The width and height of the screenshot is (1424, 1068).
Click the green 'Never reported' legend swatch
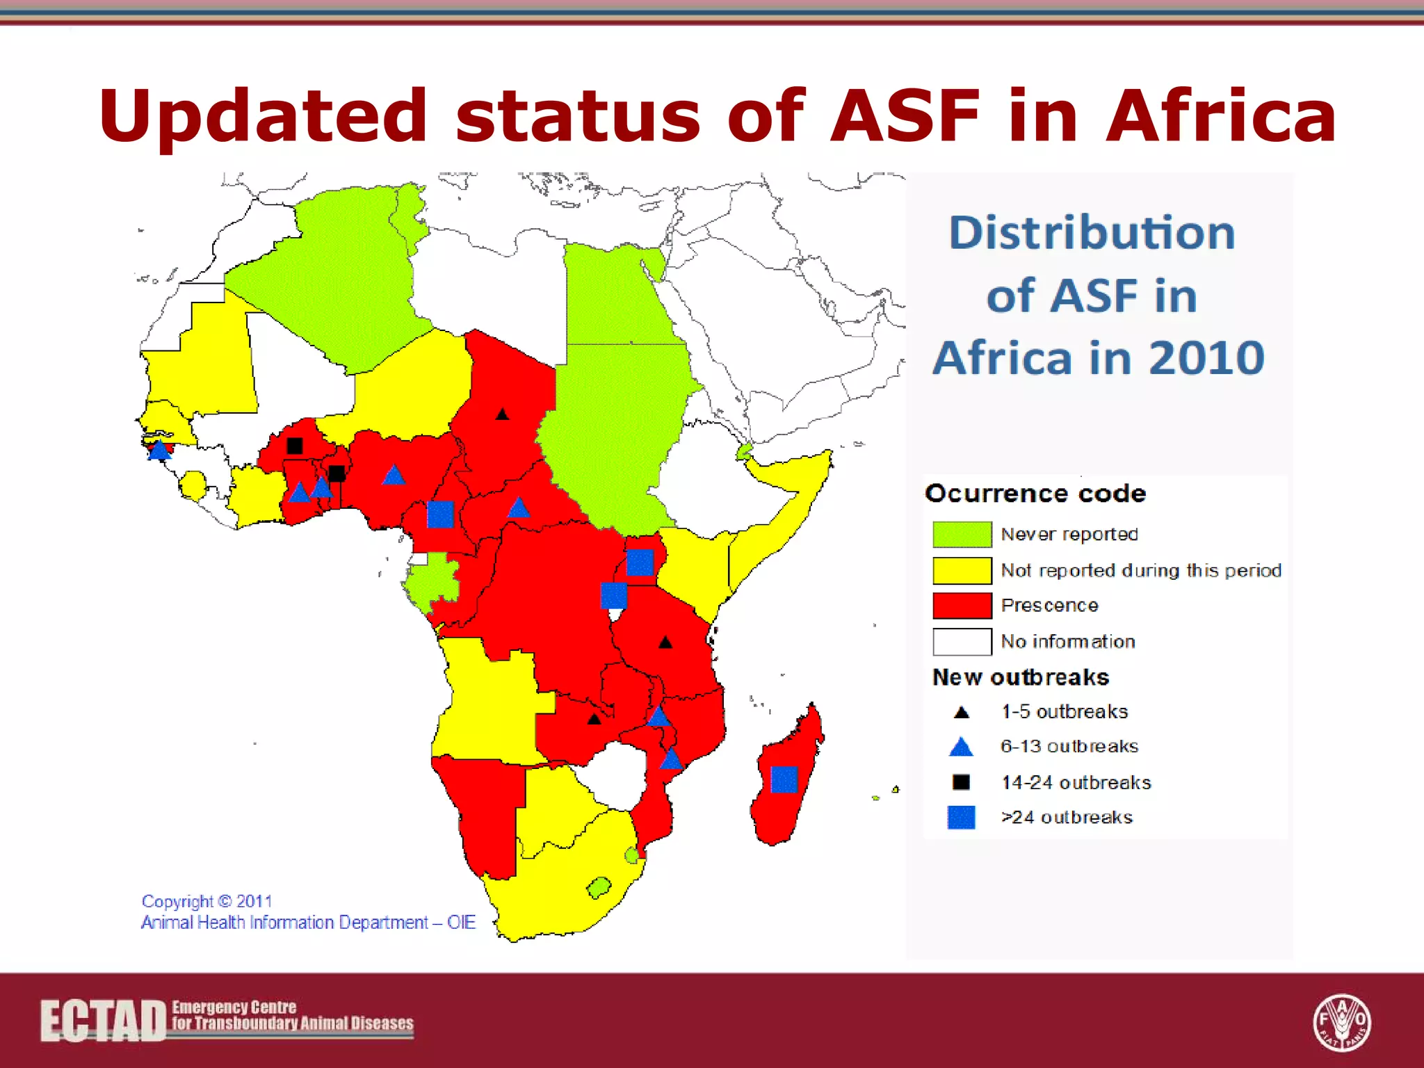click(x=962, y=534)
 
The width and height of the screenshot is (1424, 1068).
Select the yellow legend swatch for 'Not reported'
click(x=962, y=570)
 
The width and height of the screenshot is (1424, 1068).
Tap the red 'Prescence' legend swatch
click(x=962, y=606)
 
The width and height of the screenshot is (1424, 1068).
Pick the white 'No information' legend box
click(x=962, y=641)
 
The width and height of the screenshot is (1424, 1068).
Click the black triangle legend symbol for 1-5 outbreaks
click(x=962, y=713)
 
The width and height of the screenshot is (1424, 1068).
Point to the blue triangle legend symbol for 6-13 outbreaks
click(x=961, y=747)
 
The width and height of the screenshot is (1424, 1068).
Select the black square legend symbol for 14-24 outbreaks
click(x=961, y=782)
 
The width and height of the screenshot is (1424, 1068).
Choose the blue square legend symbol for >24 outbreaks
click(x=961, y=817)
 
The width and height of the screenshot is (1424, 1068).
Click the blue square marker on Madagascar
click(x=784, y=779)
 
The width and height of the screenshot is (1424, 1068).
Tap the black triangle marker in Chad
click(x=502, y=414)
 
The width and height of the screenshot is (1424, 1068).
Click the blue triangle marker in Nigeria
click(x=394, y=476)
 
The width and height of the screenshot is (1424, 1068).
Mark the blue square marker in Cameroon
click(x=440, y=515)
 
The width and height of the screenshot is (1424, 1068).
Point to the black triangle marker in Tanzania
click(x=665, y=642)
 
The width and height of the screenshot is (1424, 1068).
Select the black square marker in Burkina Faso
click(x=295, y=446)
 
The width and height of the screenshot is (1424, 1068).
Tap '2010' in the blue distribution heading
click(x=1206, y=358)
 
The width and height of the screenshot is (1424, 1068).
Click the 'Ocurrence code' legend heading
click(x=1035, y=493)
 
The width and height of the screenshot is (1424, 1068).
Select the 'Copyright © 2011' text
click(x=207, y=901)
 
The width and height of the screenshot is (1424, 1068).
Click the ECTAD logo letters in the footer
click(x=103, y=1021)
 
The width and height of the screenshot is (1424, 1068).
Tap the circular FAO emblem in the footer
click(x=1341, y=1022)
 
